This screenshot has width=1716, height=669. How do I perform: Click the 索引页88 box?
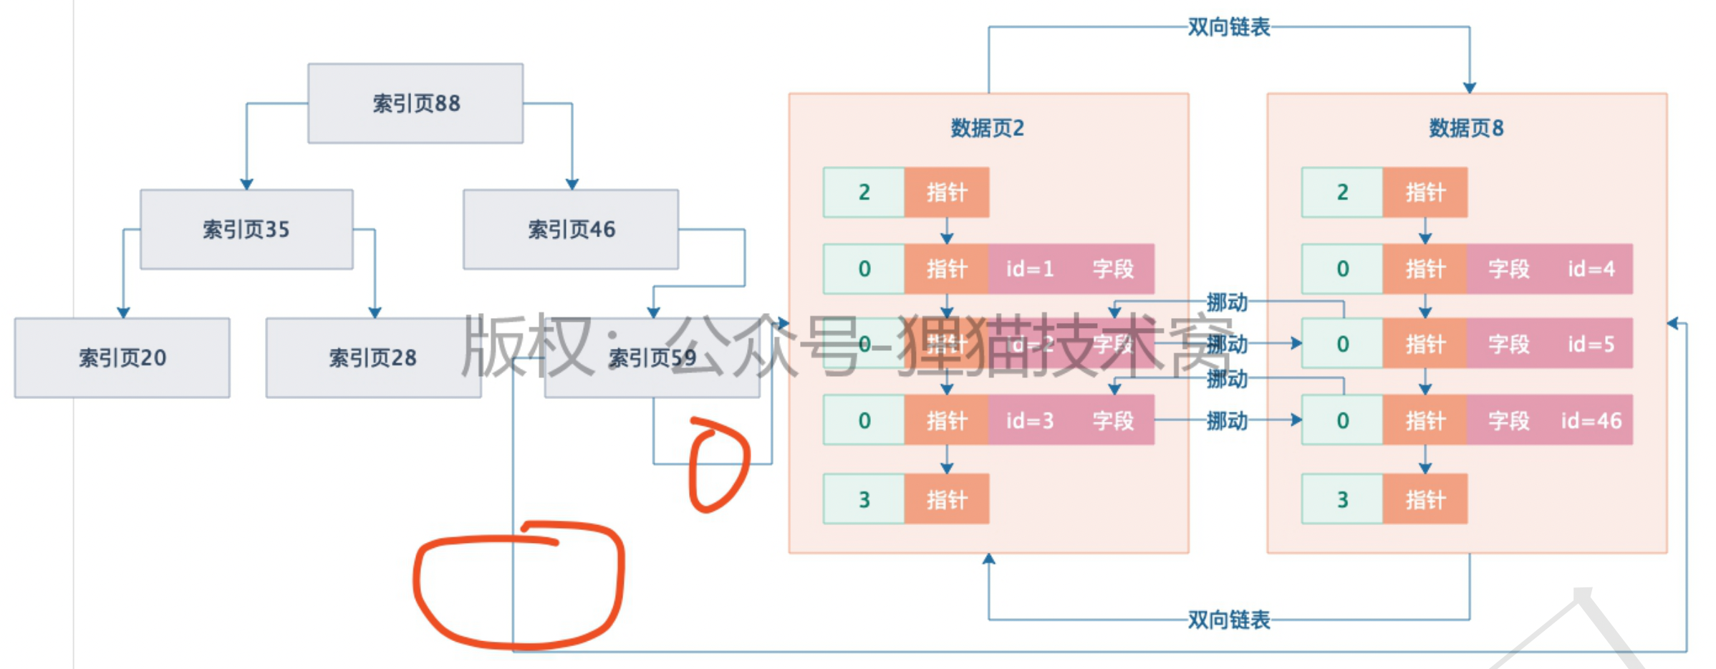[x=415, y=103]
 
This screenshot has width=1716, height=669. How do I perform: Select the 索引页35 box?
[x=246, y=229]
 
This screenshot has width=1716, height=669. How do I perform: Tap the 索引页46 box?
[x=571, y=229]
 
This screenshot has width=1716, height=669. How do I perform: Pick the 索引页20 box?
[x=122, y=357]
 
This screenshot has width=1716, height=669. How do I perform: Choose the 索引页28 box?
[x=372, y=357]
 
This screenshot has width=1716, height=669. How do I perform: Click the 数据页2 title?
[x=987, y=128]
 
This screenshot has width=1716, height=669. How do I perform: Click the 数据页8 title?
[x=1466, y=128]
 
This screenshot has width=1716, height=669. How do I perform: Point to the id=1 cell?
[x=1030, y=269]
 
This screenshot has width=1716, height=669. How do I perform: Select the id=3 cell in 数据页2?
[x=1030, y=420]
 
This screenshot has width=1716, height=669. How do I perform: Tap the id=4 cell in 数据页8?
[x=1591, y=269]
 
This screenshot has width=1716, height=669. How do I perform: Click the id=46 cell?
[x=1591, y=420]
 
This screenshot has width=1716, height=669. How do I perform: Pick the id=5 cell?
[x=1591, y=345]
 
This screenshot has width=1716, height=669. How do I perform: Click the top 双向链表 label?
[x=1228, y=27]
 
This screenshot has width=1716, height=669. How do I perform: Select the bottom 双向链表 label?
[x=1228, y=620]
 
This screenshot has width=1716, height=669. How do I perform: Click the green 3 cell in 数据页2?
[x=864, y=499]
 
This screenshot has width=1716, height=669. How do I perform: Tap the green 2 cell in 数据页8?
[x=1342, y=192]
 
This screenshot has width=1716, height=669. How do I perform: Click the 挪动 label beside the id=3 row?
[x=1226, y=420]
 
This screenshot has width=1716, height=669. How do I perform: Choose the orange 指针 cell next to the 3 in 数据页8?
[x=1425, y=499]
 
